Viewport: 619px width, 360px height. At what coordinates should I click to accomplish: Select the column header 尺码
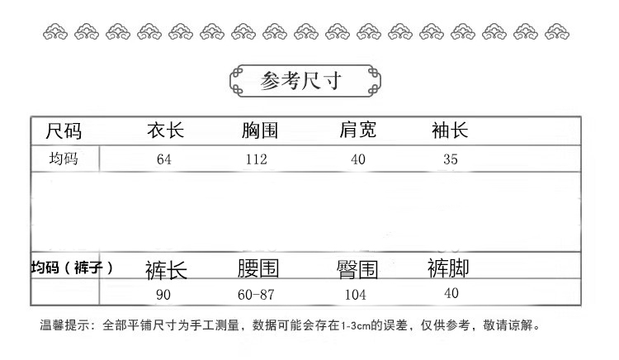[64, 130]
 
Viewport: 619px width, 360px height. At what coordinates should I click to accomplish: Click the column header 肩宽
[357, 130]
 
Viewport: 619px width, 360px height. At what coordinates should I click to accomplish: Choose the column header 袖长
[450, 130]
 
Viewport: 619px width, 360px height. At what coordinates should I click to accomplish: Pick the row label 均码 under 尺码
[64, 159]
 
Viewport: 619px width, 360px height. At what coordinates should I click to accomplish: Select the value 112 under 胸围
[257, 159]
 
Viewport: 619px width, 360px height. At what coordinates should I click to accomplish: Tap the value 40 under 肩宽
[357, 159]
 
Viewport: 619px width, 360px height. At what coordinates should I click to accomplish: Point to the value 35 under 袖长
[450, 159]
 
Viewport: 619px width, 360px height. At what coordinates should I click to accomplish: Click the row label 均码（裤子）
[71, 268]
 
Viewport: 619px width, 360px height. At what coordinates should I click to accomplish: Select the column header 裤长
[166, 270]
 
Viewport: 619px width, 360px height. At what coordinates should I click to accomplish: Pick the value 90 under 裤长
[164, 294]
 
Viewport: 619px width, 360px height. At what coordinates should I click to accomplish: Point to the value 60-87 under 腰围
[256, 294]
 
